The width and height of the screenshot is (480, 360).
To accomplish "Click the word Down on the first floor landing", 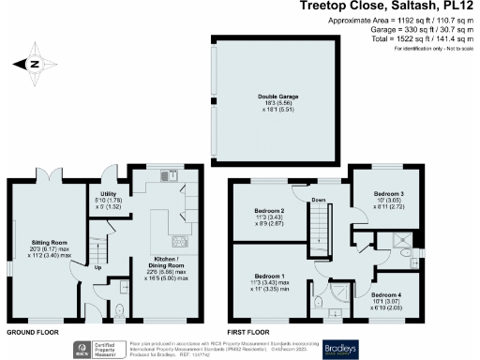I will (x=318, y=200).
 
